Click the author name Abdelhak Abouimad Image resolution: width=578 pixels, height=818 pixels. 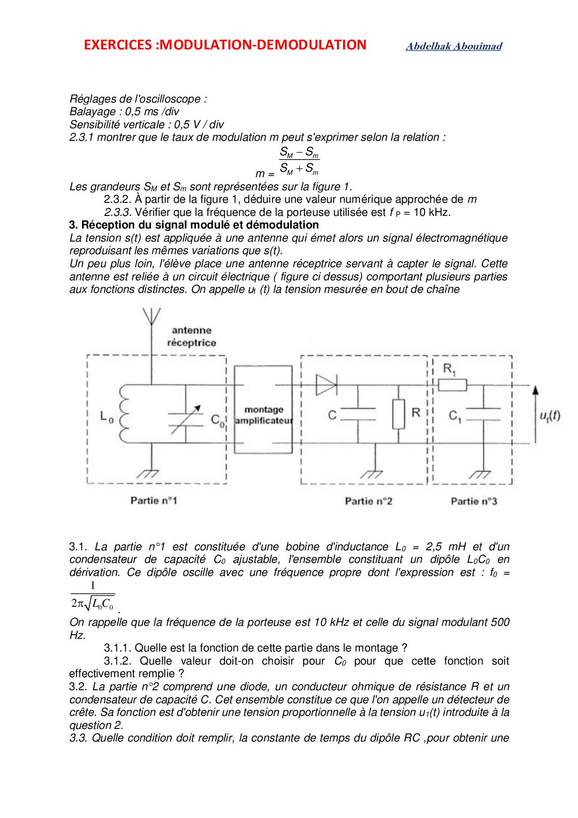454,46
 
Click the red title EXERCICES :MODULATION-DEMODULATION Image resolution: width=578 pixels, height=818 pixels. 225,45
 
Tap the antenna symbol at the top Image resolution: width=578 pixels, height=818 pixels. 151,317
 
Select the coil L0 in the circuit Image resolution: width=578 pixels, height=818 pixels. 124,413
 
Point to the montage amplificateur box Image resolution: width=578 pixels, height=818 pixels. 263,409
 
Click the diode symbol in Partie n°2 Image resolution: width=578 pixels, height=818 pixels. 326,385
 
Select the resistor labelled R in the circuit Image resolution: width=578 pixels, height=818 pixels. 398,414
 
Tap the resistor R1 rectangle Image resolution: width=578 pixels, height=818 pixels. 452,385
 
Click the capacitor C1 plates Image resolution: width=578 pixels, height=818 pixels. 483,414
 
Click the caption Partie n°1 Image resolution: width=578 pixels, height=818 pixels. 154,501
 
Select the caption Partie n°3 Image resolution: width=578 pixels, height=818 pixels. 474,501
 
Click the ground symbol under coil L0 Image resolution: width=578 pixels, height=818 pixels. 149,473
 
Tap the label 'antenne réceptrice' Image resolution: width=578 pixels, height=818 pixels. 192,336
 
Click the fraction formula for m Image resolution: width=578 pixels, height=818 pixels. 299,161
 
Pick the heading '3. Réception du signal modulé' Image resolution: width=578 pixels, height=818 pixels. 194,225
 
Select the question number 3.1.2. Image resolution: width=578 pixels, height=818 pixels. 117,661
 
